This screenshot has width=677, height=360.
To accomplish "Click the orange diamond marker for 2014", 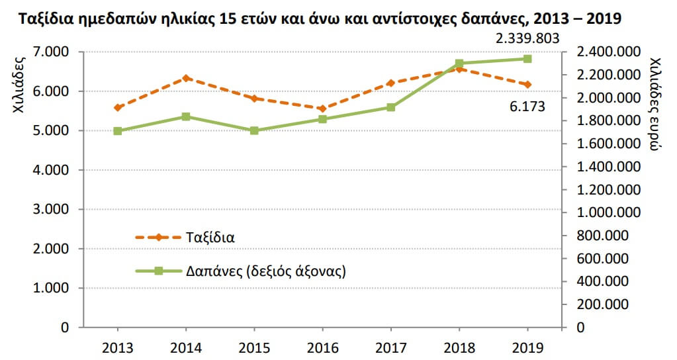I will pos(186,78).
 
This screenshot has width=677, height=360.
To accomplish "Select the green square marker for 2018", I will pos(459,64).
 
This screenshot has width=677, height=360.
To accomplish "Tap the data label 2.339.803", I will pos(527,39).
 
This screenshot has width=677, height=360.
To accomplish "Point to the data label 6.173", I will pos(527,105).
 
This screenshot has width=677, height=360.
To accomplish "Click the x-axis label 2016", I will pos(322,347).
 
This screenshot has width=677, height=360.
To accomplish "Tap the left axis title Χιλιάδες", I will pos(20,87).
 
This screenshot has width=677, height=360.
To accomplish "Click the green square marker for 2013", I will pos(117,131).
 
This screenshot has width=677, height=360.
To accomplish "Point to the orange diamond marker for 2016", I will pos(322,109).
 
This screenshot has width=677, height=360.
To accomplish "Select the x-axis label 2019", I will pos(527,347).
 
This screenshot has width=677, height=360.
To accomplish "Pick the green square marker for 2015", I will pos(254,130).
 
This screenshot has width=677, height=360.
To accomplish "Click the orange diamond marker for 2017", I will pos(390,83).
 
